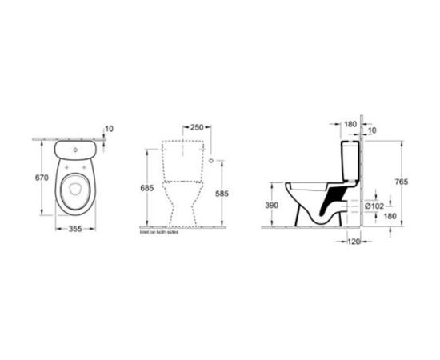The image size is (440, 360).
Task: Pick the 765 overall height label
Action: coord(401,182)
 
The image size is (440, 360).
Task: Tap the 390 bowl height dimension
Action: coord(273,206)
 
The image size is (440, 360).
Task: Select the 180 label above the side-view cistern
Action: coord(350,124)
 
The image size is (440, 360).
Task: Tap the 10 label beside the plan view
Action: coord(109,128)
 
